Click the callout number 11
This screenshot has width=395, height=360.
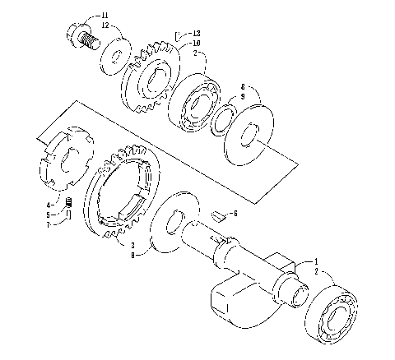(105, 16)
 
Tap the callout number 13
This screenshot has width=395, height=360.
(196, 34)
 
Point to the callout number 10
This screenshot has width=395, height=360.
(196, 43)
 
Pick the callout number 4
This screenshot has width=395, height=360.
(49, 204)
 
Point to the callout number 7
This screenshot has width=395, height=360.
(49, 223)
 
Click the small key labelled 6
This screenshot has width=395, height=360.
(219, 216)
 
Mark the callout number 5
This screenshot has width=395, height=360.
(49, 214)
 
